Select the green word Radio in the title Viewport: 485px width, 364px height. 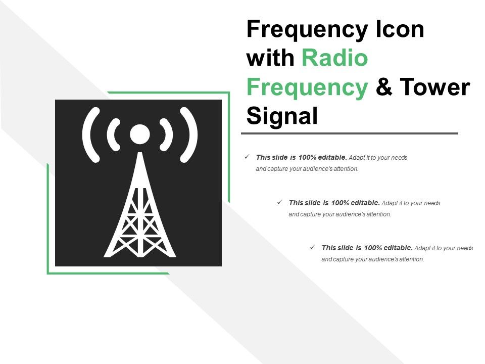pos(334,58)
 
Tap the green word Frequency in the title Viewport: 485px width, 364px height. pos(307,87)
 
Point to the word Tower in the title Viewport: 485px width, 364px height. pos(435,87)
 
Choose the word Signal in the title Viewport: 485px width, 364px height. pos(282,116)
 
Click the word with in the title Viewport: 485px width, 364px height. pos(270,58)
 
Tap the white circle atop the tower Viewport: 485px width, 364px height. pos(139,134)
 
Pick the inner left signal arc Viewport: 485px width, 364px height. pos(113,135)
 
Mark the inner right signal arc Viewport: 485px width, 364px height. pos(167,135)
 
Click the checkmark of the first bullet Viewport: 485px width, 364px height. pos(247,157)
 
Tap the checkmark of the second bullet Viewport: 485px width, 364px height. pos(279,202)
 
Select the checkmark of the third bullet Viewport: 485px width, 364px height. pos(312,247)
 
